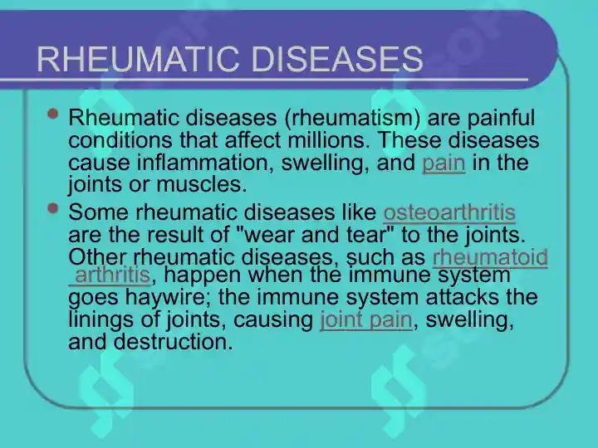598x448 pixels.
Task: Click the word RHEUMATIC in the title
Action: pos(139,59)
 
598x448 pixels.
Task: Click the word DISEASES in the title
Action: pos(336,59)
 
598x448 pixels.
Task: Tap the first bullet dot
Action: pos(53,114)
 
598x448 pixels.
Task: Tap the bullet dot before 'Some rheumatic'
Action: pos(53,208)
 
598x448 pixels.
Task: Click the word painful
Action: pos(500,118)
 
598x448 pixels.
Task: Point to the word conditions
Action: pos(120,140)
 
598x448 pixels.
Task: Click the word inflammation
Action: pos(205,163)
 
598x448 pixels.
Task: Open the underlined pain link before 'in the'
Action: pos(444,163)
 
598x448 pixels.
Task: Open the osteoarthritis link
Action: pos(449,212)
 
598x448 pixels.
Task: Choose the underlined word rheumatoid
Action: pos(490,257)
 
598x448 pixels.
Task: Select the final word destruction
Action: pos(173,342)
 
